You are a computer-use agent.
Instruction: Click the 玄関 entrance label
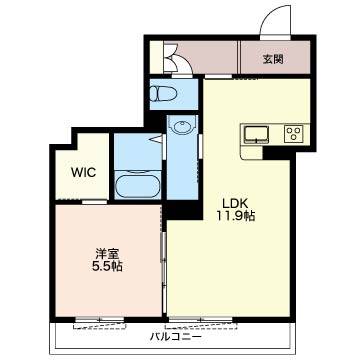pos(273,60)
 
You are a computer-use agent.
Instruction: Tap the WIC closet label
pos(83,172)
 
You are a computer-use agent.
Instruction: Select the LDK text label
pos(234,203)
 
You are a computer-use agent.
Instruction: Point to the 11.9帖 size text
pos(236,216)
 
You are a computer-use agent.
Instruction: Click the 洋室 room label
pos(107,254)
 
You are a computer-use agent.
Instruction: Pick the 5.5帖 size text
pos(107,267)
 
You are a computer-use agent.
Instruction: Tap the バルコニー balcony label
pos(175,337)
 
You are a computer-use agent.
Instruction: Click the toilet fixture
pos(162,94)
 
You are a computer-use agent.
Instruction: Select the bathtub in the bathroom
pos(137,183)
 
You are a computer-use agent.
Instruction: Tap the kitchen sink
pos(256,135)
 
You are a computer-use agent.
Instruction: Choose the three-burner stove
pos(294,134)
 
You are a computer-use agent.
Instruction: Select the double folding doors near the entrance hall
pos(174,61)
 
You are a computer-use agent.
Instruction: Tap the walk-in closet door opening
pos(95,202)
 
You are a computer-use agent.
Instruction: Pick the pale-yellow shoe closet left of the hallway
pos(156,57)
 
